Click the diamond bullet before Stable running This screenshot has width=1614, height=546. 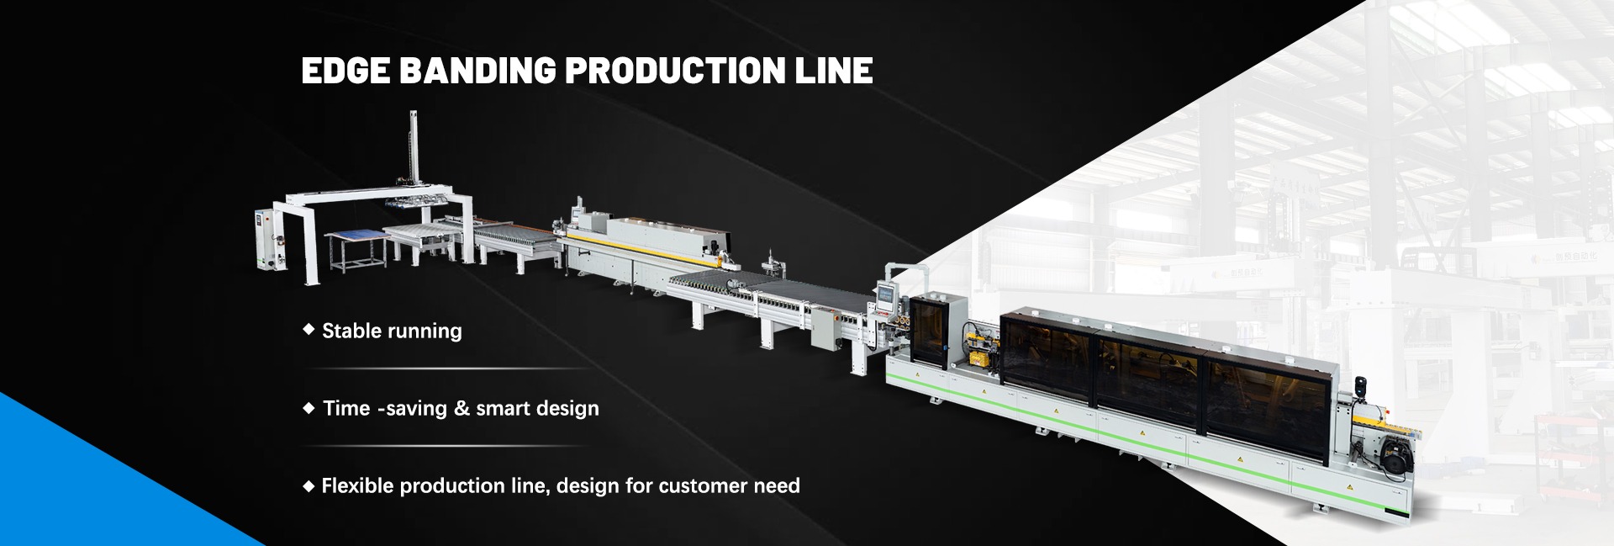click(x=309, y=330)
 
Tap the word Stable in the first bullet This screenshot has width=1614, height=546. click(x=351, y=331)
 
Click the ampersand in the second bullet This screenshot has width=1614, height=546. click(x=460, y=409)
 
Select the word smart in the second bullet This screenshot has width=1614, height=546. click(x=502, y=409)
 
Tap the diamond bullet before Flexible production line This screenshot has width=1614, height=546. click(x=309, y=486)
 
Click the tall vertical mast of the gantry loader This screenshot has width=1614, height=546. click(x=413, y=151)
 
